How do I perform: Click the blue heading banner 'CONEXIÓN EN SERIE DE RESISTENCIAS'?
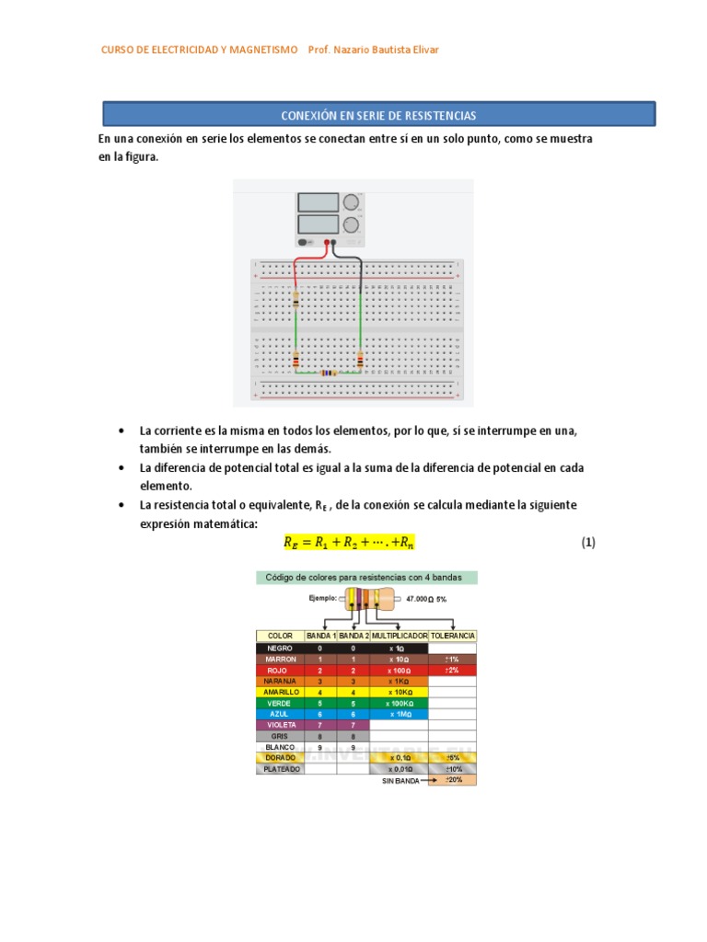(x=377, y=115)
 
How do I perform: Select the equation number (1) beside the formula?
(x=588, y=543)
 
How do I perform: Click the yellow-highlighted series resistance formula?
(x=349, y=543)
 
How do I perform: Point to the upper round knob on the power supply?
(x=351, y=202)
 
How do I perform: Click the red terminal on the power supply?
(x=326, y=243)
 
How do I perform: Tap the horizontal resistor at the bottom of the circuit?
(x=328, y=373)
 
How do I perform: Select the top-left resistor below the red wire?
(x=296, y=300)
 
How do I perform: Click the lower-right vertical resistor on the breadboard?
(x=360, y=360)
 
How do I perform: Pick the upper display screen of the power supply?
(x=318, y=202)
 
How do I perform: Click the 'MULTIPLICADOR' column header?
(x=399, y=636)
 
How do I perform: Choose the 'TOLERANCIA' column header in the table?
(x=452, y=636)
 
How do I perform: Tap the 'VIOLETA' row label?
(x=280, y=725)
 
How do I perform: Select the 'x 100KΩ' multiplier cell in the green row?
(x=399, y=703)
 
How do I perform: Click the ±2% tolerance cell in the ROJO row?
(x=452, y=670)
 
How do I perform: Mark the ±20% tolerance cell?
(x=452, y=779)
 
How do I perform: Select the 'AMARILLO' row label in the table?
(x=280, y=692)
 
